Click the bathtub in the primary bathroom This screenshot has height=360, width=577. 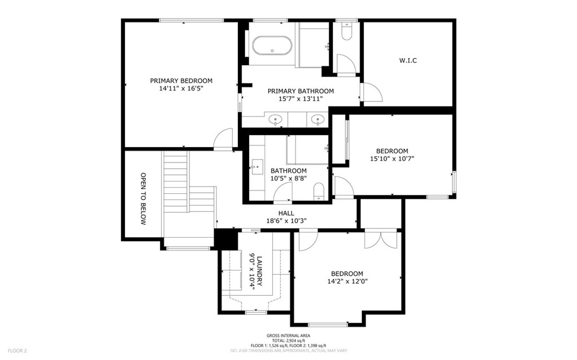coord(272,46)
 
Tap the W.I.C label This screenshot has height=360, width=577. coord(407,60)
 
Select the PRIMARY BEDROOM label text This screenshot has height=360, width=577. coord(181,81)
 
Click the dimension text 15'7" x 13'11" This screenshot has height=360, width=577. coord(300,99)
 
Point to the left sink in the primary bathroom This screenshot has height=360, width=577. coord(276,119)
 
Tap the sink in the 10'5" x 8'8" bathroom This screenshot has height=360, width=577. coord(258,165)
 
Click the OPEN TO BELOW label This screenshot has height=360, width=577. coord(143,199)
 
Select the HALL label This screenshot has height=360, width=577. coord(286,214)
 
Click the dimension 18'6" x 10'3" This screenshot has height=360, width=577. coord(286,221)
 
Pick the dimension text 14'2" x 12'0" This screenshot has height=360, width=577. coord(347,281)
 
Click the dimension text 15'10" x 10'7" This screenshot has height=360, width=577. coord(392,159)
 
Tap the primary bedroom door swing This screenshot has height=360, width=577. coord(224,139)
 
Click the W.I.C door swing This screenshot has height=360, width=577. coord(371,92)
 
